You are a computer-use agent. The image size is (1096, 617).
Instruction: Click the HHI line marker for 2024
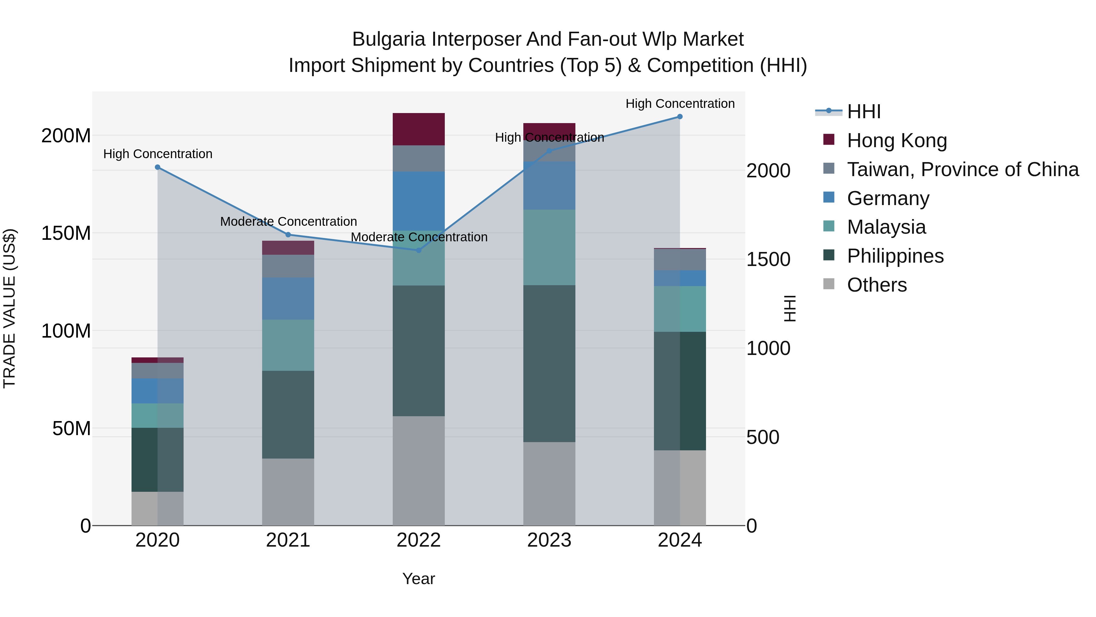tap(680, 117)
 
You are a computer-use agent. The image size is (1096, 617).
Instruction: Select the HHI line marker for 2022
tap(418, 250)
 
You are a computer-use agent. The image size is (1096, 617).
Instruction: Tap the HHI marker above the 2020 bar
tap(157, 167)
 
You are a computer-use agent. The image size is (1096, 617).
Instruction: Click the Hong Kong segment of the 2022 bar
tap(418, 129)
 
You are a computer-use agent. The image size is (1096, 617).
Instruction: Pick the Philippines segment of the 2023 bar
tap(549, 363)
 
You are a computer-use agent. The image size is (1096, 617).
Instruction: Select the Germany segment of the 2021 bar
tap(288, 299)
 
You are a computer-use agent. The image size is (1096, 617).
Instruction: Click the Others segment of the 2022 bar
tap(418, 470)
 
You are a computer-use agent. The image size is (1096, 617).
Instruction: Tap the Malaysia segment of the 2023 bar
tap(549, 247)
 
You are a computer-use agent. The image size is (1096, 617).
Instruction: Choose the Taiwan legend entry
tap(962, 169)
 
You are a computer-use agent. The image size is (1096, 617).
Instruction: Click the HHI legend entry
tap(863, 112)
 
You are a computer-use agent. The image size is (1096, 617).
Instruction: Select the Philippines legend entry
tap(895, 256)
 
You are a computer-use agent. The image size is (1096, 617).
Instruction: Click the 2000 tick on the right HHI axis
tap(768, 171)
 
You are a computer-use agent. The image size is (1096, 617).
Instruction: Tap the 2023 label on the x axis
tap(549, 540)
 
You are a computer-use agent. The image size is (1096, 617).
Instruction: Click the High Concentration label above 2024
tap(680, 104)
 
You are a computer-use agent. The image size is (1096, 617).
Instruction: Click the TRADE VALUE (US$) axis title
tap(9, 308)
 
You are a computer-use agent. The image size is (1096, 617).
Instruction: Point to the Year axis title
tap(418, 579)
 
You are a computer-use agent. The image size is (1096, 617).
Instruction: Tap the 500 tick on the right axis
tap(762, 437)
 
